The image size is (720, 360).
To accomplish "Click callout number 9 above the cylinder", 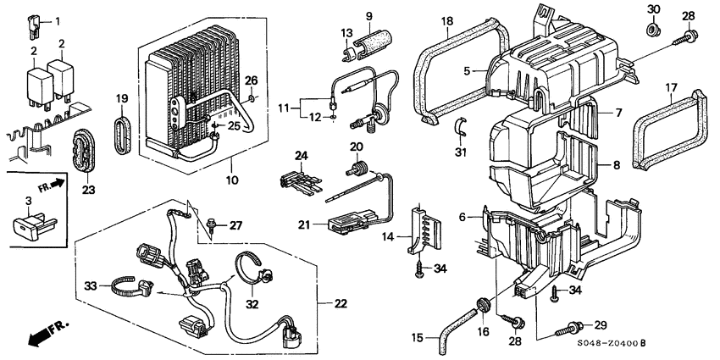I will point(368,16).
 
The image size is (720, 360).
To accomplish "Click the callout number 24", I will point(298,155).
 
